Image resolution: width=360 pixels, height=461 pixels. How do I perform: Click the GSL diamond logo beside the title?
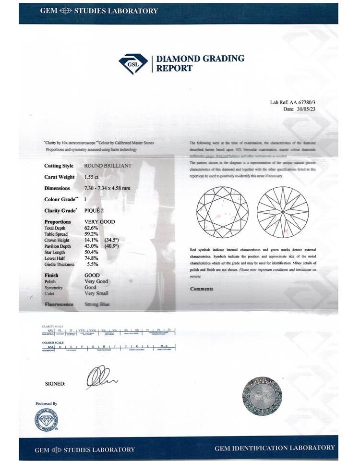(x=133, y=63)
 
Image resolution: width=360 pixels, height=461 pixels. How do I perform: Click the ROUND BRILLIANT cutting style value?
(x=108, y=166)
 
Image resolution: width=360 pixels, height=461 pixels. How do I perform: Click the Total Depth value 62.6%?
(x=91, y=228)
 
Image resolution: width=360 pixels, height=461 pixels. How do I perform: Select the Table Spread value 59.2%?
(x=91, y=234)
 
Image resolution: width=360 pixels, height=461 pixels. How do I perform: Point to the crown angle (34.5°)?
(x=111, y=240)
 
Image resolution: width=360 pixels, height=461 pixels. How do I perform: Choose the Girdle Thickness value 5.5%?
(x=93, y=264)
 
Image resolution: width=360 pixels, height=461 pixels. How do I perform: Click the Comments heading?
(x=202, y=289)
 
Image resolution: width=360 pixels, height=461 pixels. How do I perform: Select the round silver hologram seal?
(x=262, y=396)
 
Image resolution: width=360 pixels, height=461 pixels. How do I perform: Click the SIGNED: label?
(x=55, y=384)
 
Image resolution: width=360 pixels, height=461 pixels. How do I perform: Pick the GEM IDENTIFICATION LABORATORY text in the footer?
(x=275, y=448)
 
